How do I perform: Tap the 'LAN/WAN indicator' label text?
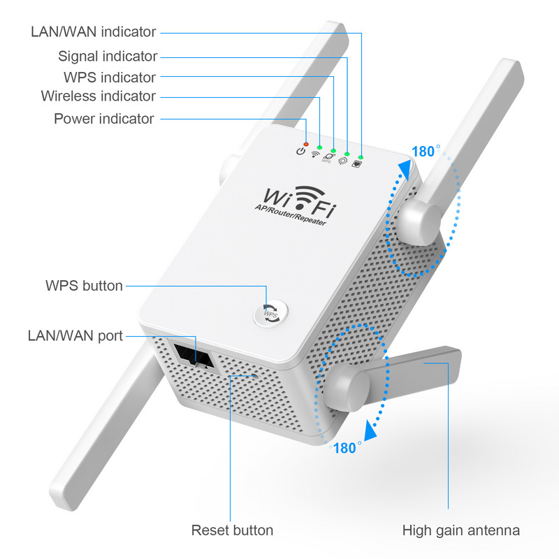click(94, 31)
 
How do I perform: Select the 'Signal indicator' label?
click(108, 56)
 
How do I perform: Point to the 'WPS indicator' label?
click(110, 77)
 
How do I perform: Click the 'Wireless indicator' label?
click(98, 96)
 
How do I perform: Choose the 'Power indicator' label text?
click(103, 119)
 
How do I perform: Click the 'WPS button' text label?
click(84, 285)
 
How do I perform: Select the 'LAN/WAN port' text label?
click(75, 336)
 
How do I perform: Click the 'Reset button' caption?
click(232, 530)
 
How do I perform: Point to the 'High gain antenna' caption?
click(461, 530)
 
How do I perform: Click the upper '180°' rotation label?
click(426, 151)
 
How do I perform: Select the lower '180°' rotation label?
click(347, 448)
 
